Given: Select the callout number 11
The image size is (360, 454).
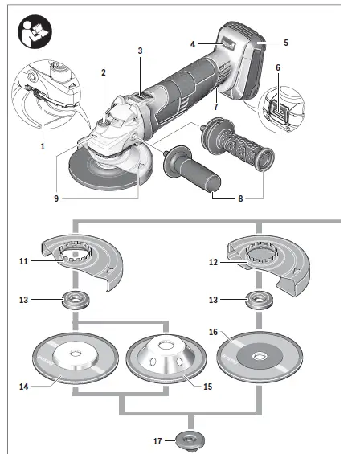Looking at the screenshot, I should (x=24, y=261).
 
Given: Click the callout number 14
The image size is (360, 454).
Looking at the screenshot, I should (x=25, y=387).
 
